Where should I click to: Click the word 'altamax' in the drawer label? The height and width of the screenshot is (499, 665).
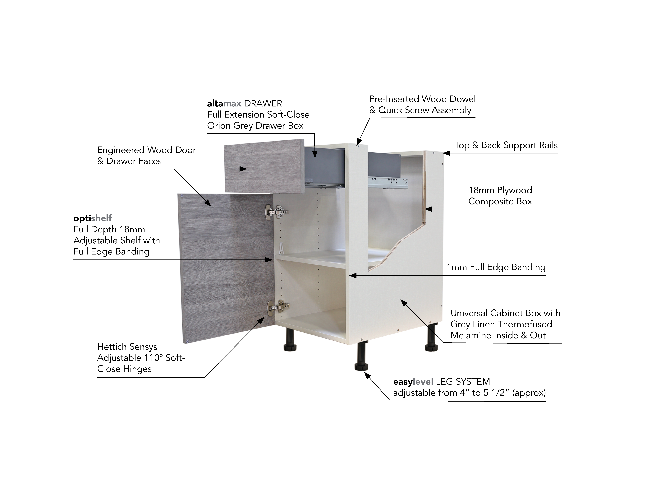pos(224,103)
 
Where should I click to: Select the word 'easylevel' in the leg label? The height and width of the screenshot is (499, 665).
pos(413,382)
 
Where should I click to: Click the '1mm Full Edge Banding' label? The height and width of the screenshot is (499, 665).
pos(496,267)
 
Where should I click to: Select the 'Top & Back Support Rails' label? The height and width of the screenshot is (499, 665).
pos(506,145)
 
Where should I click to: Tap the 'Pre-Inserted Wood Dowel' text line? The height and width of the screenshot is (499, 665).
pos(422,99)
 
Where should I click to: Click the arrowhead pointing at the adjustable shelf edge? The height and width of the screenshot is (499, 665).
pos(268,260)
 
